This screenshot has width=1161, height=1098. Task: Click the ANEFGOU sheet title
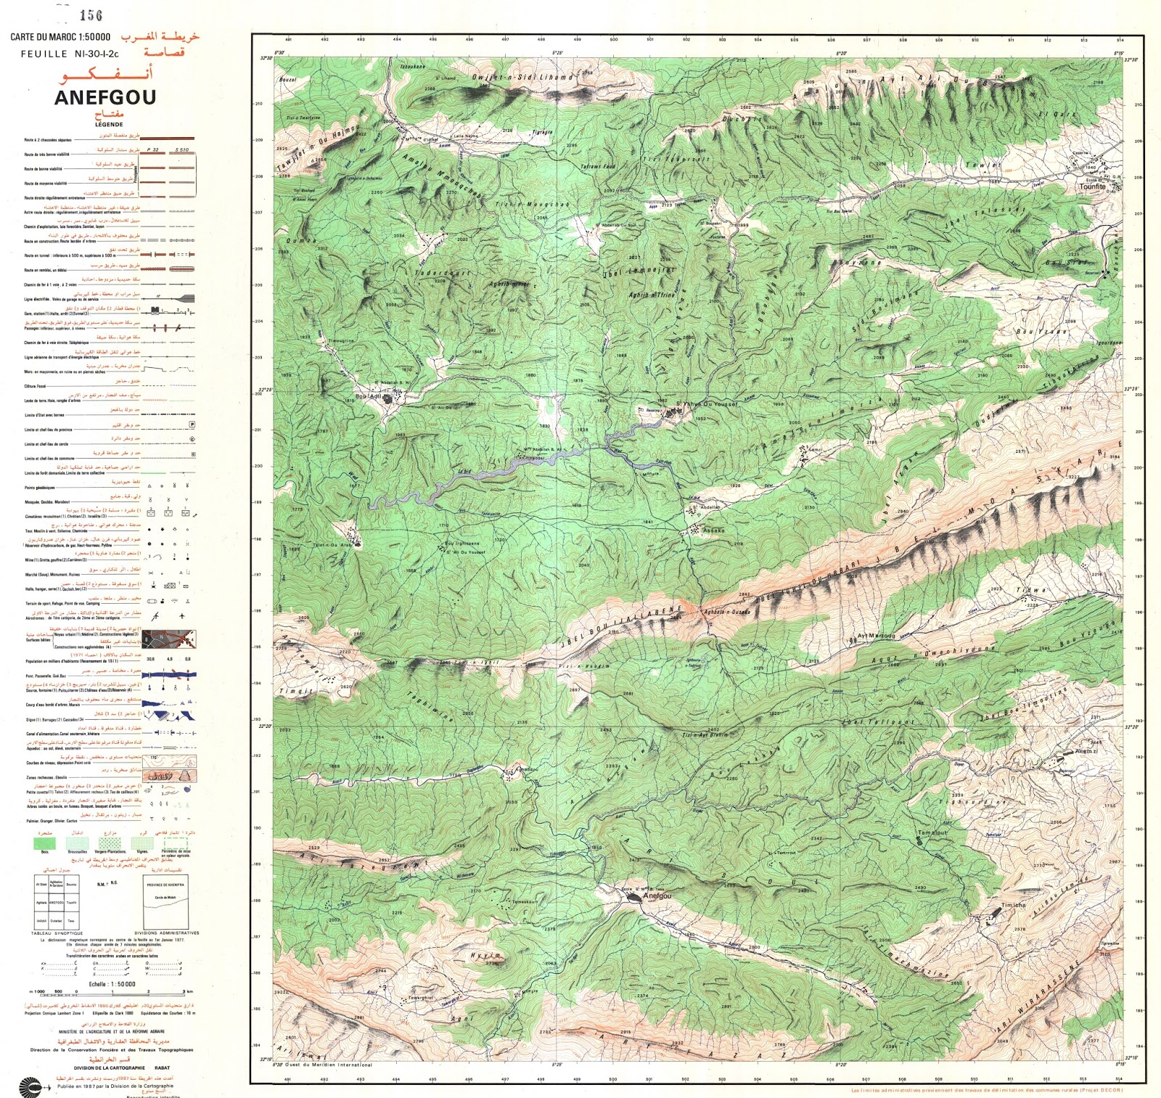pyautogui.click(x=105, y=97)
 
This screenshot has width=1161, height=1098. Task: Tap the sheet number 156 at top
pyautogui.click(x=91, y=15)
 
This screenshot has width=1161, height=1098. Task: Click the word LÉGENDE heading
pyautogui.click(x=109, y=124)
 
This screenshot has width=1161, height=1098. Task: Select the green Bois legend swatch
pyautogui.click(x=45, y=843)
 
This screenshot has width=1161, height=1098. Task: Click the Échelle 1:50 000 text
pyautogui.click(x=112, y=984)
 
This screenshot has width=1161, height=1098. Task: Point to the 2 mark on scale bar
pyautogui.click(x=149, y=991)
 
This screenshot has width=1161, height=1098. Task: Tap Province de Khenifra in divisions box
pyautogui.click(x=165, y=885)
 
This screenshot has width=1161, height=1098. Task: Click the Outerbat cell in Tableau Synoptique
pyautogui.click(x=56, y=920)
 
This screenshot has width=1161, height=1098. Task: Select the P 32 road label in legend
pyautogui.click(x=153, y=149)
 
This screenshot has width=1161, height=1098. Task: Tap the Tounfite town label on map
pyautogui.click(x=1092, y=187)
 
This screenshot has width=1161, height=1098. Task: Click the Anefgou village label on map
pyautogui.click(x=657, y=896)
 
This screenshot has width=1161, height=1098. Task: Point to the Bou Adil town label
pyautogui.click(x=368, y=397)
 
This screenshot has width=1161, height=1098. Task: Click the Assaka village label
pyautogui.click(x=713, y=530)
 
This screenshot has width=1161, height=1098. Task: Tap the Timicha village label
pyautogui.click(x=1014, y=905)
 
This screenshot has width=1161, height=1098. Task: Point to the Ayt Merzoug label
pyautogui.click(x=876, y=636)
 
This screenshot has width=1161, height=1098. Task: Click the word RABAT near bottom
pyautogui.click(x=163, y=1068)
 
